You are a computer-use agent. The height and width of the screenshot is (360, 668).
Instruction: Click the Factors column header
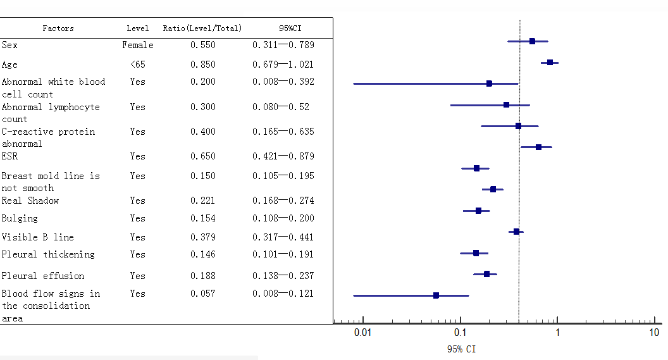58,28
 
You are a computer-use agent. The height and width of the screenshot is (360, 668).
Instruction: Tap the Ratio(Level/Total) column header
202,28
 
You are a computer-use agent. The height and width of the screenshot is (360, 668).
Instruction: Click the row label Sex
9,45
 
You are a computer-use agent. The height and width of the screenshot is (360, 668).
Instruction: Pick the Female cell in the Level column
138,45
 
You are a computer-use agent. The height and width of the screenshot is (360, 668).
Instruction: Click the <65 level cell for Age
138,65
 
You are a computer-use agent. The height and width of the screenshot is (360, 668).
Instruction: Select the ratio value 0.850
203,65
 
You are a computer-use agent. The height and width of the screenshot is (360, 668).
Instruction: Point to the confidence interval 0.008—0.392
283,82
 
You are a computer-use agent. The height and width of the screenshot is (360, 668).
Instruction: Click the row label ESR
9,156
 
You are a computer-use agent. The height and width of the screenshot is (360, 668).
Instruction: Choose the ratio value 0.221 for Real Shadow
203,201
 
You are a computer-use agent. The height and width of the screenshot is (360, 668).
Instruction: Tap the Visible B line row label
38,237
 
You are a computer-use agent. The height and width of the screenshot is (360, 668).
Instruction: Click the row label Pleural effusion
42,276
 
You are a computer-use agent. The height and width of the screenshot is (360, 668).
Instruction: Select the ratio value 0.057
203,294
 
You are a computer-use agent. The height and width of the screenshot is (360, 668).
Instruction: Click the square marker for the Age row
550,63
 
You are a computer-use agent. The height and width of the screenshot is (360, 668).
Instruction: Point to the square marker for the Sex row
532,41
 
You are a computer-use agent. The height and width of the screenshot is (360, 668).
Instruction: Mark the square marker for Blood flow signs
436,295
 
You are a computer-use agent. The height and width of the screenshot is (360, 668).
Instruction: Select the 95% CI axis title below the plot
461,349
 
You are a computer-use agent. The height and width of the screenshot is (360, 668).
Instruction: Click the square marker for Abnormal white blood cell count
489,84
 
